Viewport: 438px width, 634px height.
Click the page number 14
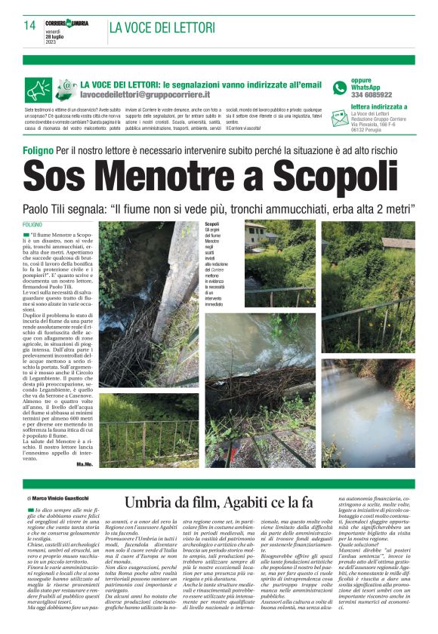click(x=29, y=26)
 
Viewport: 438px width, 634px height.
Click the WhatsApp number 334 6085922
click(x=372, y=95)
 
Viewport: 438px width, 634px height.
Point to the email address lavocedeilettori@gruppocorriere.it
click(x=145, y=95)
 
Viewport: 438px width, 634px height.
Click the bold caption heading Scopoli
click(x=211, y=224)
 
